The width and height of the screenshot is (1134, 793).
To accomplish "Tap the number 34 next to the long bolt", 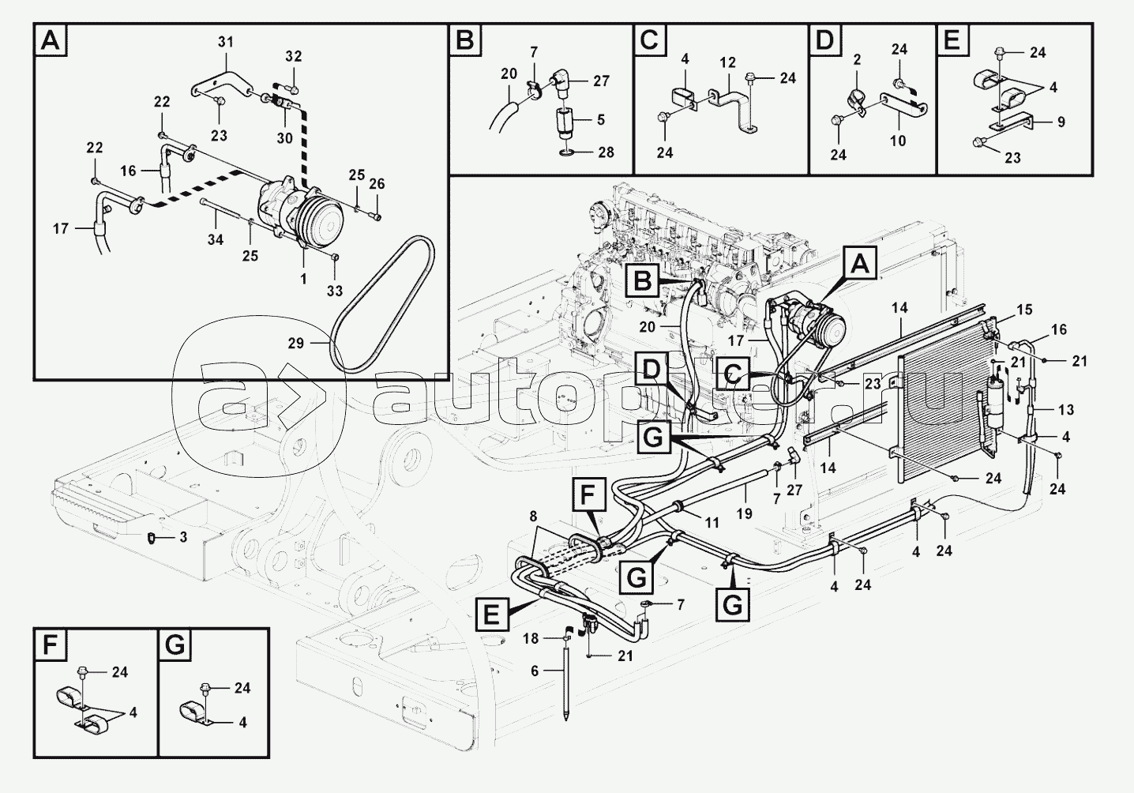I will click(x=216, y=239).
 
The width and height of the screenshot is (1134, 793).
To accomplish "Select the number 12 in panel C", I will click(x=727, y=62).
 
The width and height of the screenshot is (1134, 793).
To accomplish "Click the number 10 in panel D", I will click(x=898, y=141).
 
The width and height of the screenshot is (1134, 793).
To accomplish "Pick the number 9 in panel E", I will click(x=1061, y=122).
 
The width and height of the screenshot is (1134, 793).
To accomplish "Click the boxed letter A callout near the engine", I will click(x=861, y=264).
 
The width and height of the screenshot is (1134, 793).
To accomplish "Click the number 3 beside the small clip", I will click(x=182, y=537).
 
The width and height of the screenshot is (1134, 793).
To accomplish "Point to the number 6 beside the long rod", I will click(x=535, y=671).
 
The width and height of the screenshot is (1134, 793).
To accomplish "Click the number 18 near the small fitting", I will click(x=531, y=637).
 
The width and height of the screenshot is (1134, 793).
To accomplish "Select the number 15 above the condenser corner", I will click(x=1023, y=310).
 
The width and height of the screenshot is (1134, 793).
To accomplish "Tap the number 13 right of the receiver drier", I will click(x=1066, y=410).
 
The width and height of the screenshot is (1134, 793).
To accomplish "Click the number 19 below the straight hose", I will click(x=745, y=513).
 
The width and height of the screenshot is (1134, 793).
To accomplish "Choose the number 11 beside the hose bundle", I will click(x=712, y=523).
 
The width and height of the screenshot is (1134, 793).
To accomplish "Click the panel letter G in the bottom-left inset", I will click(x=175, y=645).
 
